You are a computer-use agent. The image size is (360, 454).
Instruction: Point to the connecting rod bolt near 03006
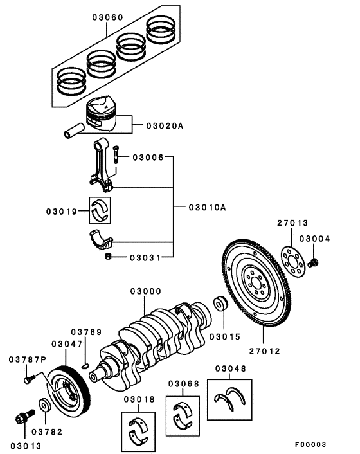[115, 156]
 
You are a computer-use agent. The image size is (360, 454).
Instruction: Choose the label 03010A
[208, 207]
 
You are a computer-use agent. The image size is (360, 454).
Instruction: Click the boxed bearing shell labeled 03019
[100, 208]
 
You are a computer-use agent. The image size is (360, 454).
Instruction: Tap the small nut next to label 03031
[108, 257]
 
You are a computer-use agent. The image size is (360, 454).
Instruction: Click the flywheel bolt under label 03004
[314, 262]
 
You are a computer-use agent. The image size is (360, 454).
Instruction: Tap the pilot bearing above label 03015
[221, 304]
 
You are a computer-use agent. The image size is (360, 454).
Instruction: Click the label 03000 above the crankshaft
[145, 291]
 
